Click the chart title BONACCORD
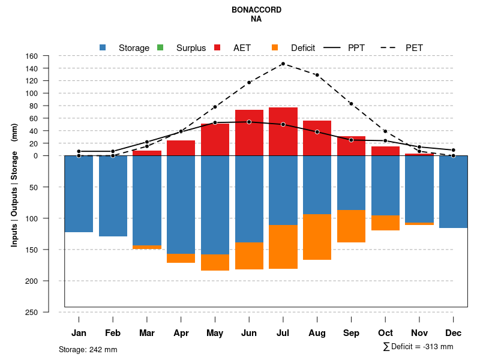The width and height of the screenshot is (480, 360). [x=256, y=10]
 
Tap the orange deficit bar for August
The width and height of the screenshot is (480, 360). [x=317, y=237]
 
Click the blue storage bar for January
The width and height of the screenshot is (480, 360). [x=79, y=194]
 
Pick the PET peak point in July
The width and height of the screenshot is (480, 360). [x=283, y=64]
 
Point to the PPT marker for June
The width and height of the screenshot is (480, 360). [x=249, y=122]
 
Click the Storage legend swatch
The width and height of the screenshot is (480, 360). [x=103, y=47]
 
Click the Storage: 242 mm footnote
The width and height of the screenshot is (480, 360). [x=88, y=349]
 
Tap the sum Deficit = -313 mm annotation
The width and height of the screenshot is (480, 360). [x=418, y=347]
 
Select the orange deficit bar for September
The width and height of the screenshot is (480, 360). [x=351, y=226]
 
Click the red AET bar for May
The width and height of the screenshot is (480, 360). [x=215, y=139]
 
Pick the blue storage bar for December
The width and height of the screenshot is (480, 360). [x=453, y=192]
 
